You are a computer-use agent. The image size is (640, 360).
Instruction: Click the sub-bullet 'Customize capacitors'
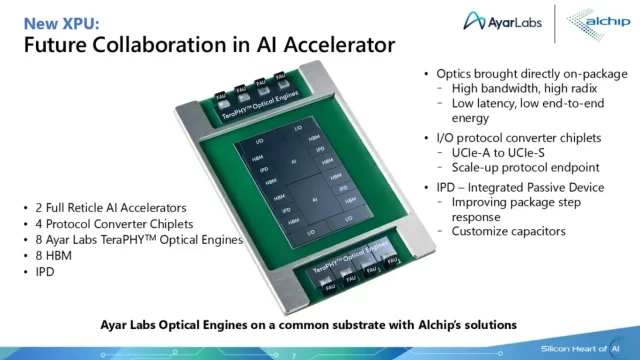tap(509, 231)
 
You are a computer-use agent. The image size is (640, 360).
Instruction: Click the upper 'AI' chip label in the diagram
tap(292, 161)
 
